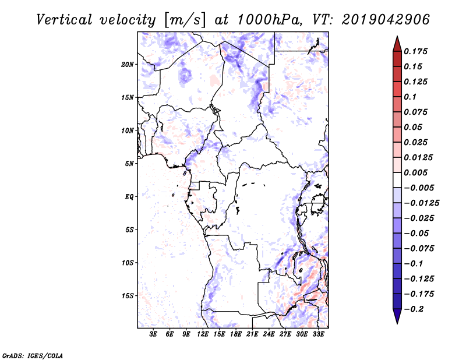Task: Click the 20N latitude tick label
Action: (128, 64)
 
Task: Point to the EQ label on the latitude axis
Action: (129, 197)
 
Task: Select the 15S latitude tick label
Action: (128, 296)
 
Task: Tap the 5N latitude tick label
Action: (129, 164)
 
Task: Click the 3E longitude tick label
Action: (153, 334)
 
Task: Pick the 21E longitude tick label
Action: (252, 334)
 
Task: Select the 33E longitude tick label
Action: (318, 334)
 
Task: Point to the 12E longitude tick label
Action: (203, 334)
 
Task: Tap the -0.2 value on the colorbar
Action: (414, 309)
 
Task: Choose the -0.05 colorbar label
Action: (416, 233)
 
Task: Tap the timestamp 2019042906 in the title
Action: (378, 19)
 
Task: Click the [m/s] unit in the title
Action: (185, 20)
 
